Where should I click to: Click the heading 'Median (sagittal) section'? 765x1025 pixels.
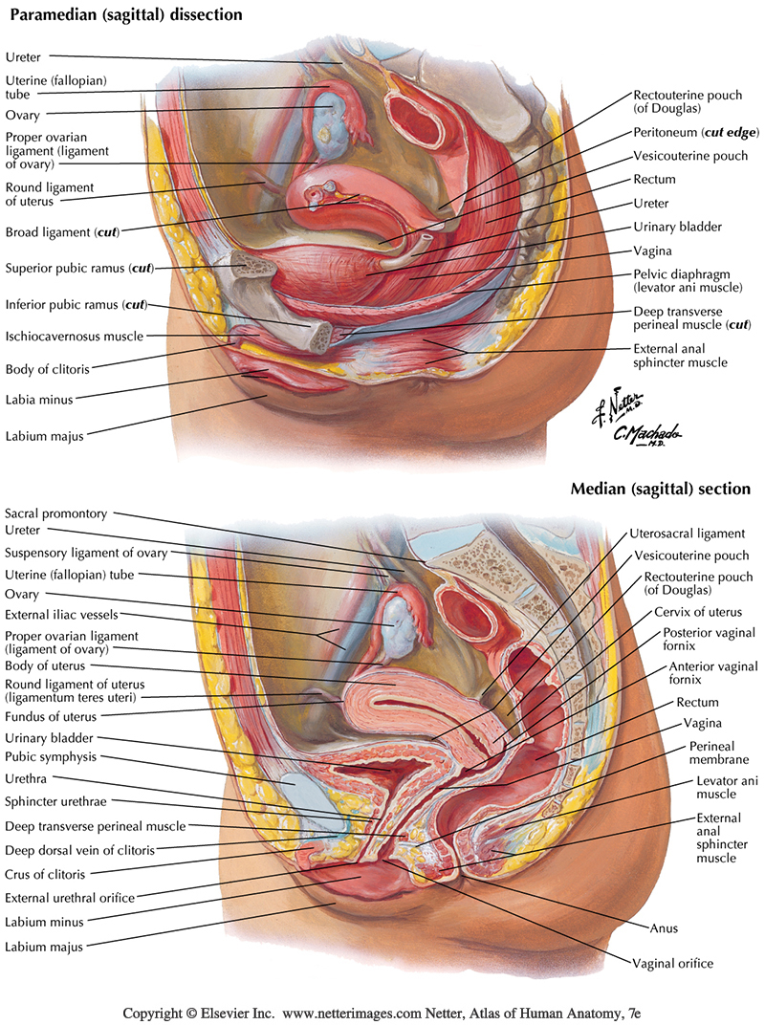(x=660, y=489)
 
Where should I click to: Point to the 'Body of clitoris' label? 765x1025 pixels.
(x=52, y=368)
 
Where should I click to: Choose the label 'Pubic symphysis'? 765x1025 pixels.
(x=52, y=756)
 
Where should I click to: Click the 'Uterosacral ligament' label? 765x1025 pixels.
(x=687, y=534)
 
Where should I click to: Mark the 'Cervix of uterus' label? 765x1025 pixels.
(x=697, y=612)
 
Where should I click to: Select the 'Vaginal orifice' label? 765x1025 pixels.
(x=672, y=963)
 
